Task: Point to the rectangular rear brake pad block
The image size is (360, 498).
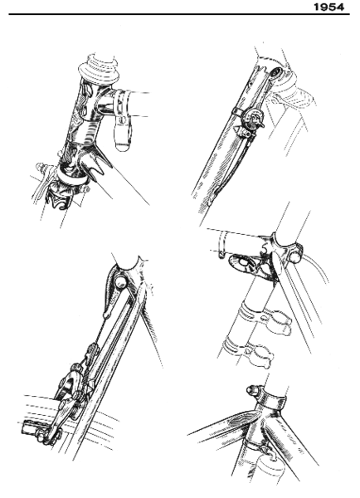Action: pos(33,427)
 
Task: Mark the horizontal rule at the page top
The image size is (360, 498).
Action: pos(166,14)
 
